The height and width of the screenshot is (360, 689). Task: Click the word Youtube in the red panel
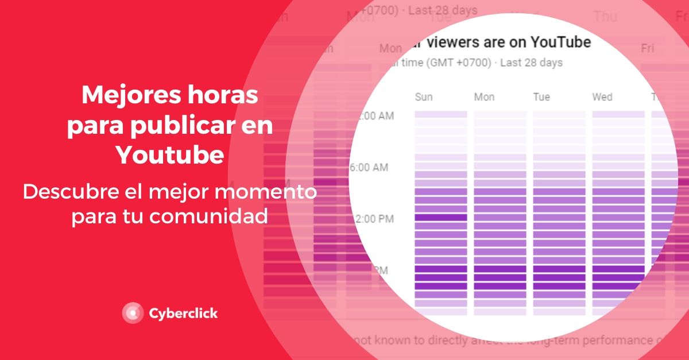[x=170, y=156]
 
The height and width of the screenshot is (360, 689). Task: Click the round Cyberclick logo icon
[x=133, y=313]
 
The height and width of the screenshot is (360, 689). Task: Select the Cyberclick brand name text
[x=183, y=313]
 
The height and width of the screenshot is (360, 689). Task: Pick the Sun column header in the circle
[x=424, y=97]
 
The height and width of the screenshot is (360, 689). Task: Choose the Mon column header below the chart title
[x=484, y=97]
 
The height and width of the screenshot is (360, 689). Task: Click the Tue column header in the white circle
[x=541, y=97]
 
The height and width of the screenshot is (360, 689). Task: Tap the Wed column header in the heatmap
[x=602, y=97]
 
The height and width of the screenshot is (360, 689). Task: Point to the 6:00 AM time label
[x=369, y=168]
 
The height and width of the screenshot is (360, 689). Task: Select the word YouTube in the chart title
[x=560, y=42]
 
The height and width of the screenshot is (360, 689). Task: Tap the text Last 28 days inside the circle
[x=531, y=63]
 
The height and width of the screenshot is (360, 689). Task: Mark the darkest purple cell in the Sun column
[x=440, y=218]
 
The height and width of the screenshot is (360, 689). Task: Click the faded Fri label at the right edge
[x=648, y=48]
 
